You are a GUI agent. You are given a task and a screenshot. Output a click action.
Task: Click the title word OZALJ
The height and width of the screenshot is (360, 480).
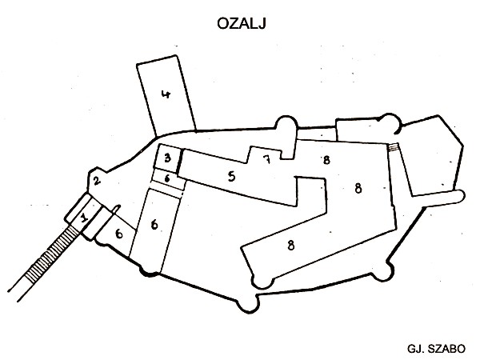coord(241,23)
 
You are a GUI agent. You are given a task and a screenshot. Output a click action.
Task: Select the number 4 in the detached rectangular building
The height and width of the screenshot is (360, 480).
coord(166,94)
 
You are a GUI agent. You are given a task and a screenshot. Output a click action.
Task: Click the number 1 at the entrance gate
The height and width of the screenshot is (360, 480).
coord(84,218)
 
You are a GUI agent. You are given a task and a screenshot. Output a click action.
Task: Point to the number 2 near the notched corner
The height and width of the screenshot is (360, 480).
coord(96,181)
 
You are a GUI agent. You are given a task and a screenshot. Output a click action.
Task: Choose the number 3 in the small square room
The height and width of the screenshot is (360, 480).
coord(167,158)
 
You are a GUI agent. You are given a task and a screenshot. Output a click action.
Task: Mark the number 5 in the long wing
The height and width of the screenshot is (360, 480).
coord(231,176)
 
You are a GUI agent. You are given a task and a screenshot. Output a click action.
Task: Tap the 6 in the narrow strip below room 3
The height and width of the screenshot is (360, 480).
coord(167,178)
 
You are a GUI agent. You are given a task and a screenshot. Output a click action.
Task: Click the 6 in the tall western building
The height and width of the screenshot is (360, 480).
coord(154,225)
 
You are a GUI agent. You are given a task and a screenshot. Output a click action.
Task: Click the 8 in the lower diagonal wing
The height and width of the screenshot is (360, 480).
coord(291,246)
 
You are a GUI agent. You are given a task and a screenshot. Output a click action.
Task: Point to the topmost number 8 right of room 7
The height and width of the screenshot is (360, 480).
coord(326,160)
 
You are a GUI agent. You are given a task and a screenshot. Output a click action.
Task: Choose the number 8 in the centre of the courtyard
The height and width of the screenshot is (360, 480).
coord(358,189)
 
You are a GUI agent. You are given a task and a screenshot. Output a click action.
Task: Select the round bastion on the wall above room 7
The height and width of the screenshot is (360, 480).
coord(286,127)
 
